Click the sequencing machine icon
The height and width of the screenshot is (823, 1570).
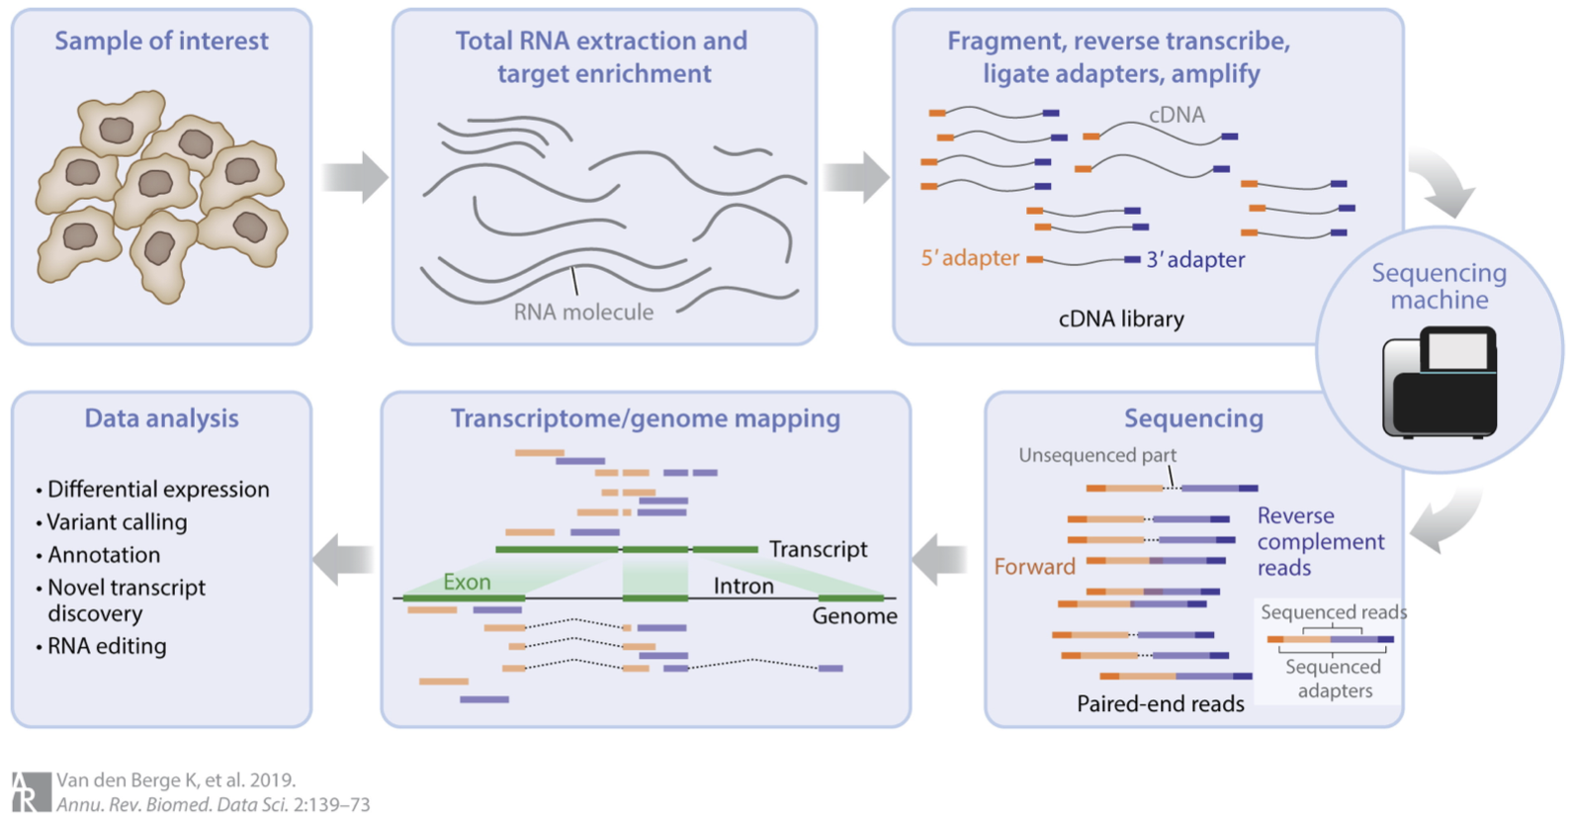pos(1439,383)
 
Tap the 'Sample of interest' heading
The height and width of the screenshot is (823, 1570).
pos(161,41)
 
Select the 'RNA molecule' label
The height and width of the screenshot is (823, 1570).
pos(583,313)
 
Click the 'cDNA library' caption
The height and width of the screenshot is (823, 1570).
pos(1121,320)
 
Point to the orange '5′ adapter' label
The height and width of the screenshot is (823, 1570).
pos(970,258)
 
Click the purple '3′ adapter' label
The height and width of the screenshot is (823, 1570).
pos(1195,260)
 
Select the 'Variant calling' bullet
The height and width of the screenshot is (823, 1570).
pos(117,522)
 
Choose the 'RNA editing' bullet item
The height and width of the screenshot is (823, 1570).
pos(107,646)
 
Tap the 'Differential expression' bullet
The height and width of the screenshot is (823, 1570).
pos(158,490)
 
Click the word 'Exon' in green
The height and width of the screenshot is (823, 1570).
pos(467,582)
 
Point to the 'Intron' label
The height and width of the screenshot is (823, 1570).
pos(743,587)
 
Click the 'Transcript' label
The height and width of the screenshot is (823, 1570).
pos(818,549)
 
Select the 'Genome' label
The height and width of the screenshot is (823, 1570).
pos(854,616)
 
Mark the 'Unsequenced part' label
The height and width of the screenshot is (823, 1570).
pos(1097,455)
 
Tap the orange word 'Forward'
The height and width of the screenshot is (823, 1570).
pos(1034,567)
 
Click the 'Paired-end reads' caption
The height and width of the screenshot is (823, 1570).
pos(1160,704)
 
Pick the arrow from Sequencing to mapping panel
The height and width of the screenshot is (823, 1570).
pos(938,561)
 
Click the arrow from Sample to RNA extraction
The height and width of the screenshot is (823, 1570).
pos(355,178)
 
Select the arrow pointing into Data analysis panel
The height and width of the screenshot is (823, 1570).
pos(342,560)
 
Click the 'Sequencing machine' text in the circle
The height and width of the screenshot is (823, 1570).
pos(1439,286)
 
